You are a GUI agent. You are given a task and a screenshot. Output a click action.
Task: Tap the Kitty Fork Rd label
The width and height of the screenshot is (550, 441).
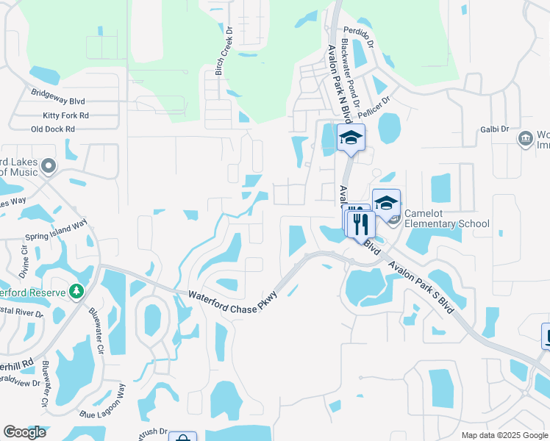65,115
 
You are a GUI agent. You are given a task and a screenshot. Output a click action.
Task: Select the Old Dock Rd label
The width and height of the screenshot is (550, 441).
53,129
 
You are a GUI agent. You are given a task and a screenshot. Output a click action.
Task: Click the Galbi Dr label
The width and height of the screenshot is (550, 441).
495,129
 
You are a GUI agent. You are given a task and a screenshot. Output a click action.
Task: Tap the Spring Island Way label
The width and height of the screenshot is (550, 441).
56,229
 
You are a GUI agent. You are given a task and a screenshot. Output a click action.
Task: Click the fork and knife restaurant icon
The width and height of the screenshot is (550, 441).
360,223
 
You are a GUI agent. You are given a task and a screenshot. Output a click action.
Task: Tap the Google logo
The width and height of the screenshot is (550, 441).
24,432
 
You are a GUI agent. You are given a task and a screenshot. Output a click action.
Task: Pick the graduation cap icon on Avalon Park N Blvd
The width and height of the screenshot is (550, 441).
351,137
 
